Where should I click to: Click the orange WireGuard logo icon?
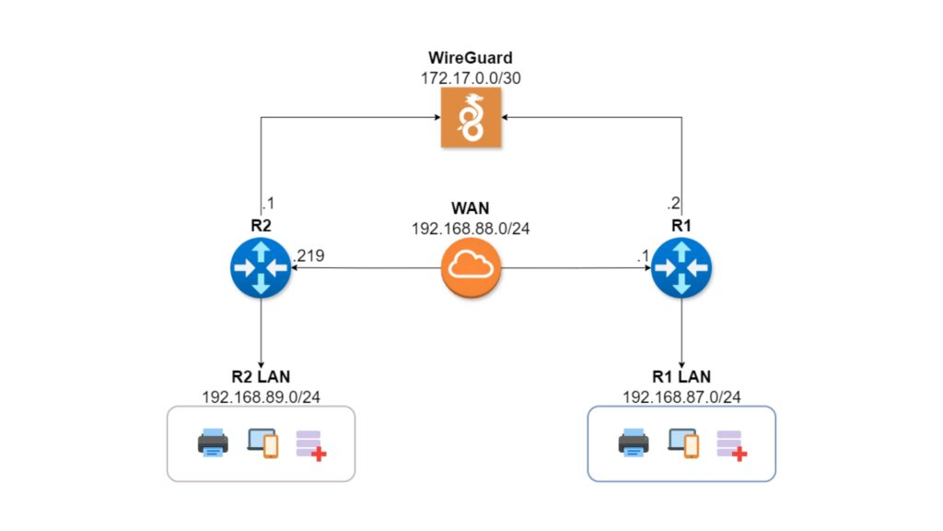tap(471, 119)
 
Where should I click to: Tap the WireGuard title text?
tap(471, 58)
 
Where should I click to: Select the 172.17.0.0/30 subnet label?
tap(471, 77)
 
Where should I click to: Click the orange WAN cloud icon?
tap(471, 268)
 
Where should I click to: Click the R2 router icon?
tap(261, 268)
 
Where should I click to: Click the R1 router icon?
tap(681, 268)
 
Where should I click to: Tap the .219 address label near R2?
tap(309, 255)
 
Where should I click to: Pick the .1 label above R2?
tap(269, 204)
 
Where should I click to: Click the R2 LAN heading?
tap(261, 377)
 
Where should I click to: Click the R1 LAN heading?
tap(681, 377)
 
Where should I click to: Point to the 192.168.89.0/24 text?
tap(261, 396)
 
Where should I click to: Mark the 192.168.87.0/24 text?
tap(681, 396)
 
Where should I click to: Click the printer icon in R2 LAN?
tap(213, 443)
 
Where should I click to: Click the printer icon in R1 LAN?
tap(634, 443)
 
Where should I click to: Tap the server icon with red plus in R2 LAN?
tap(310, 444)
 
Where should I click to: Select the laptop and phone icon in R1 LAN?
tap(683, 443)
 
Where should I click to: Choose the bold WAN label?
tap(471, 206)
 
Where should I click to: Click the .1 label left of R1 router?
tap(643, 255)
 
